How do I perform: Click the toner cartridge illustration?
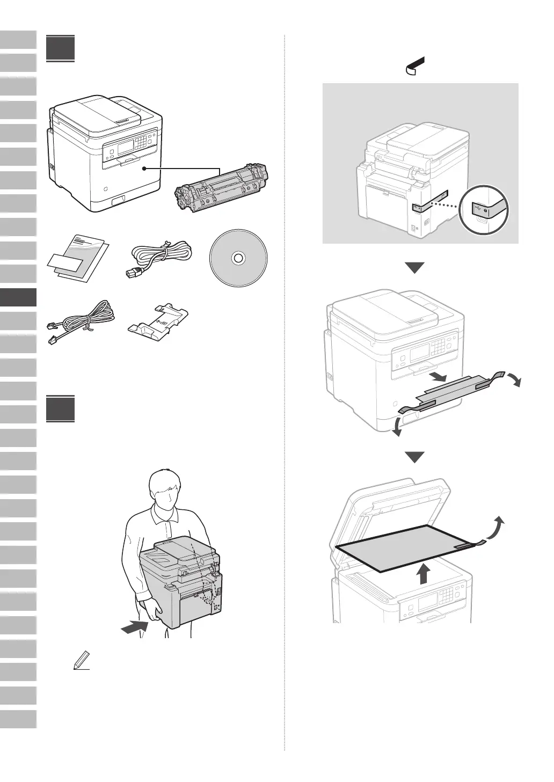222,189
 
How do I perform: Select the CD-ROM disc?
237,259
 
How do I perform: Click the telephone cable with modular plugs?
81,321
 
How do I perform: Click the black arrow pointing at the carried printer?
134,626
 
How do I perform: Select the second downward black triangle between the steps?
415,457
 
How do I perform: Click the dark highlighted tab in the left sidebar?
18,297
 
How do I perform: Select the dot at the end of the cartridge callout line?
144,169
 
